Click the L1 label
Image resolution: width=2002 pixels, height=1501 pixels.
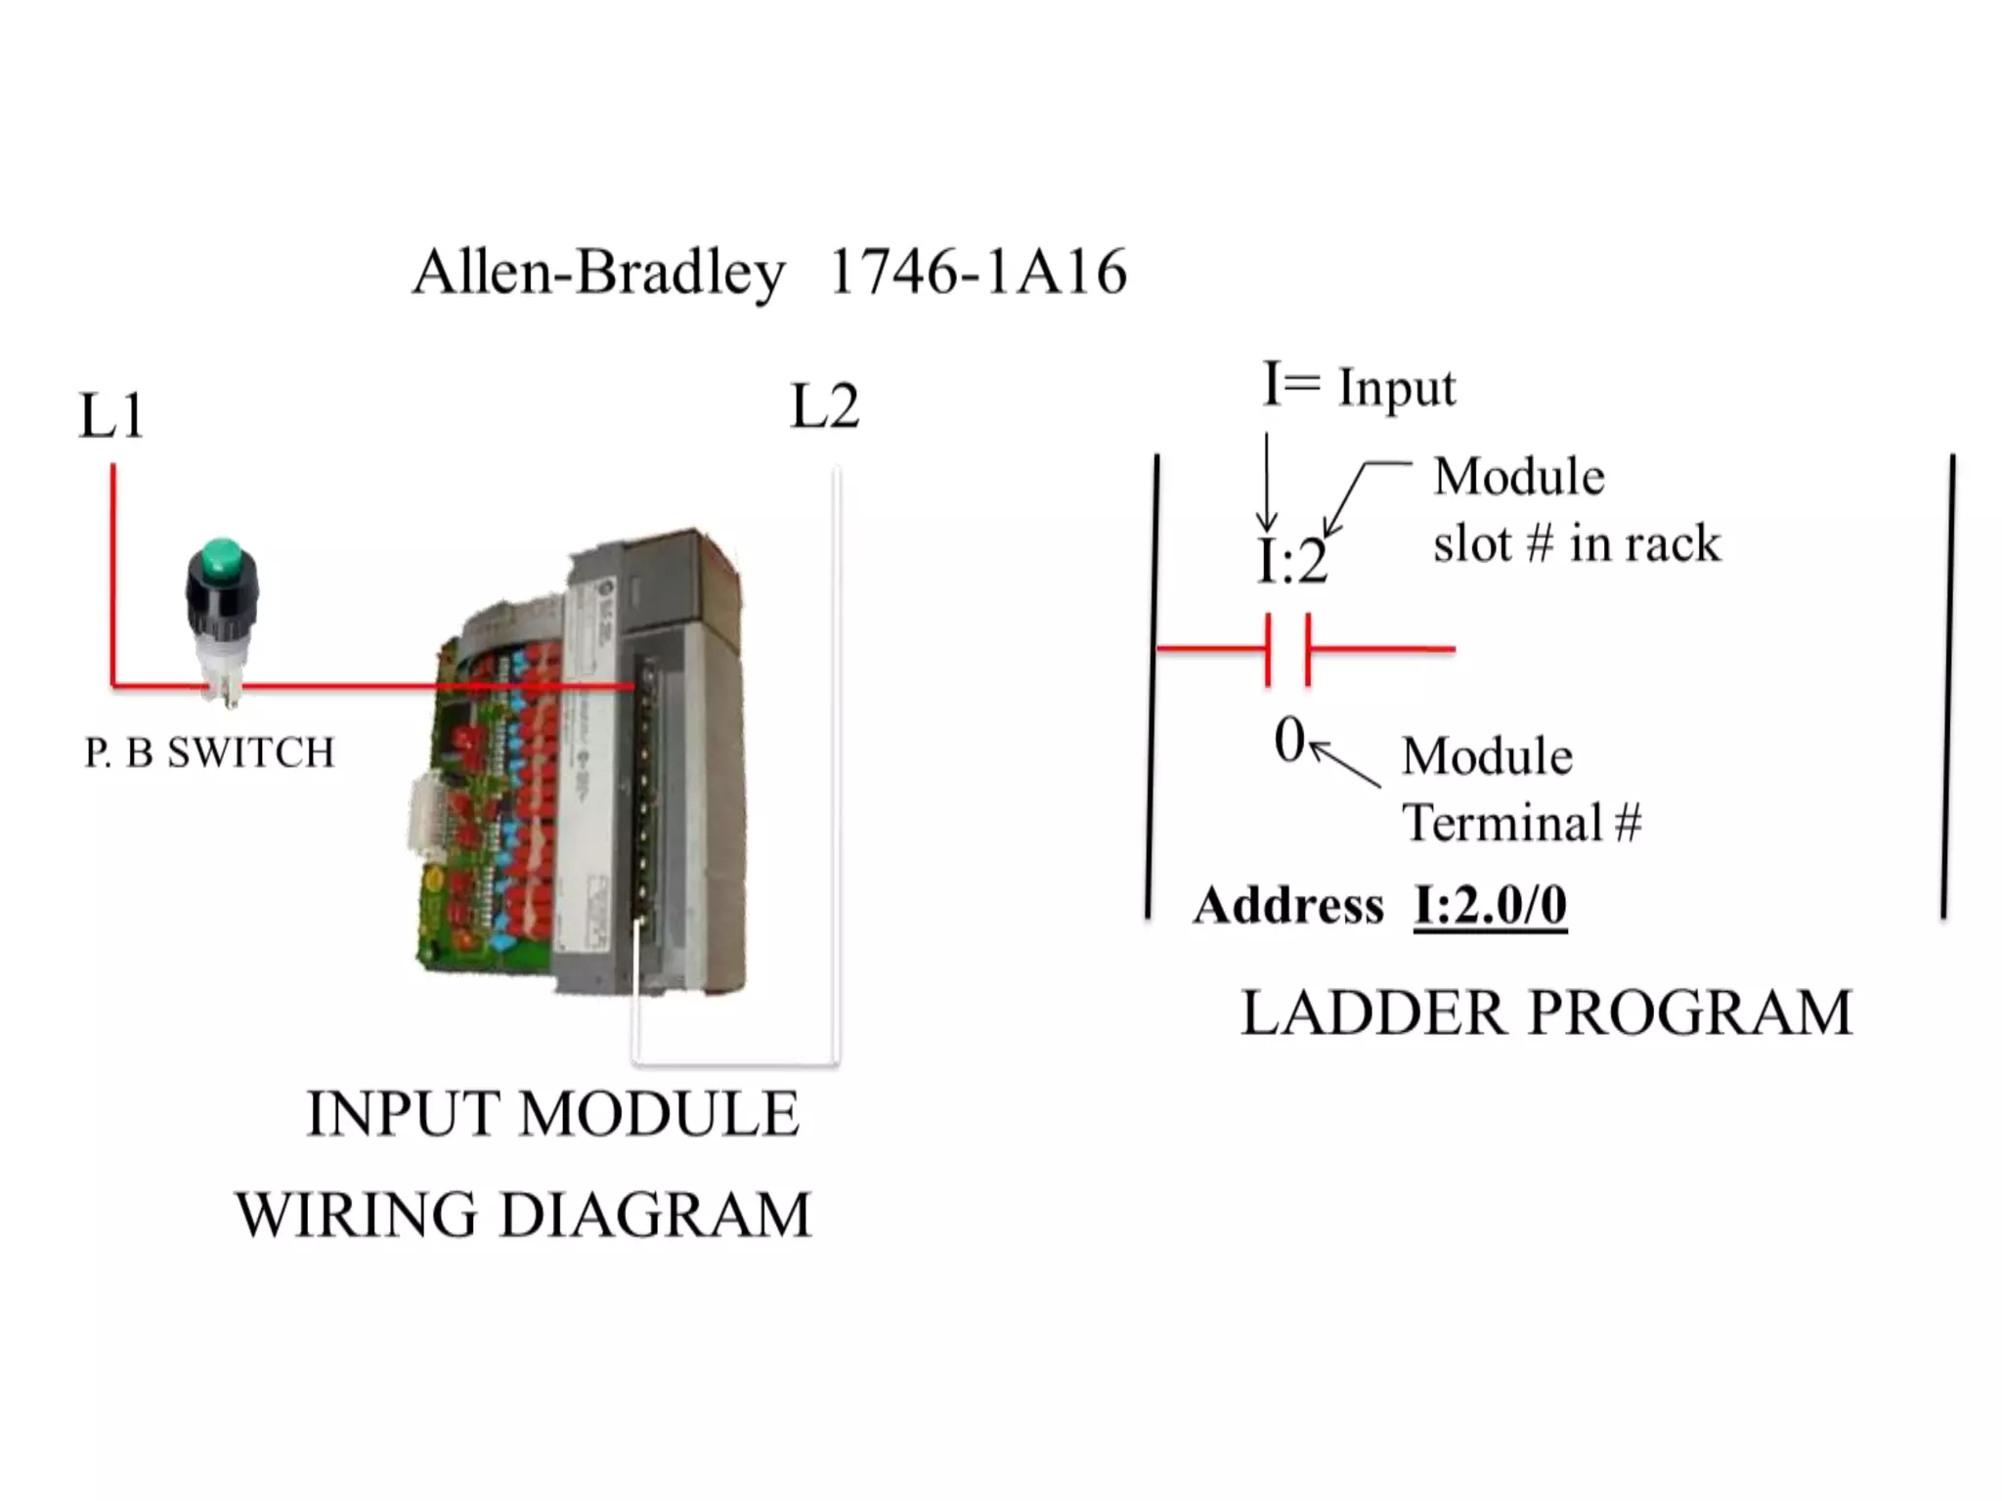[x=111, y=415]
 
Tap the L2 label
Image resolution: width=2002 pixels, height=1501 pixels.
[x=824, y=407]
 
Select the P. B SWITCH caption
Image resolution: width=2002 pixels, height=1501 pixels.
[x=209, y=752]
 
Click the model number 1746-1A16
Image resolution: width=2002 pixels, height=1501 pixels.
[x=978, y=272]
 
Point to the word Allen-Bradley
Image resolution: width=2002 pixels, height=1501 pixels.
[x=598, y=272]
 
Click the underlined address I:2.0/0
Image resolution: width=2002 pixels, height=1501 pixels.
[x=1490, y=905]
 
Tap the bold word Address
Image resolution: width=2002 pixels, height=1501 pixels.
[x=1288, y=905]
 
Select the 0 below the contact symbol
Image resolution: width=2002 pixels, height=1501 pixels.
[x=1289, y=740]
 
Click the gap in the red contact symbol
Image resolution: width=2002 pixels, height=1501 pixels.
[x=1288, y=649]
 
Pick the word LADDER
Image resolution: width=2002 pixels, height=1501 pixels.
[x=1372, y=1012]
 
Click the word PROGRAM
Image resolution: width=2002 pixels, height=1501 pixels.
[x=1690, y=1012]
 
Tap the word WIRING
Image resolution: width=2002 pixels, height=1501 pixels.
[x=356, y=1215]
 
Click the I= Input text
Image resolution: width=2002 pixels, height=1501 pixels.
[x=1359, y=386]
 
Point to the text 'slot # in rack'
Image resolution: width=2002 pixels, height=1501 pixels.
[x=1576, y=543]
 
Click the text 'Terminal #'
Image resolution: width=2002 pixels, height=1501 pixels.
[x=1521, y=822]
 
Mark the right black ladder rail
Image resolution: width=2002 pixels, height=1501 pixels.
[x=1947, y=684]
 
